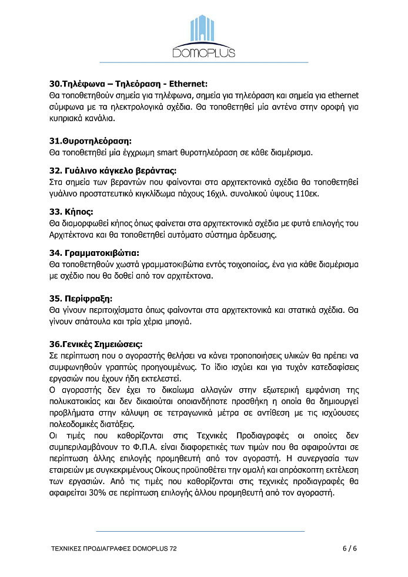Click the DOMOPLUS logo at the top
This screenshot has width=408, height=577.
203,37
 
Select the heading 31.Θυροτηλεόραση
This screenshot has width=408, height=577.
90,141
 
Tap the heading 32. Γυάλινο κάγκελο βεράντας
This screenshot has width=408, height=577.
112,171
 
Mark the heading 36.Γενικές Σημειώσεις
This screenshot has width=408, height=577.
95,344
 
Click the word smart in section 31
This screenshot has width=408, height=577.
169,153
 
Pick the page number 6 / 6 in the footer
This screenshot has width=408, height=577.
350,548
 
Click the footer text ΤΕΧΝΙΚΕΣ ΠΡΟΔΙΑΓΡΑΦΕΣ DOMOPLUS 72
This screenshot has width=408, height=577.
113,548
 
